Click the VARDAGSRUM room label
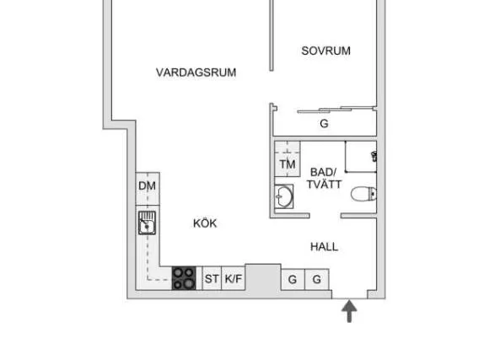[196, 73]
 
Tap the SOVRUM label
[326, 51]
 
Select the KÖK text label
[205, 223]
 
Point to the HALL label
[324, 247]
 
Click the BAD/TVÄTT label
[324, 178]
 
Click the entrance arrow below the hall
[349, 311]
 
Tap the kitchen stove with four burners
[184, 278]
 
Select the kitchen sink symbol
[147, 223]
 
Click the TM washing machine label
[287, 164]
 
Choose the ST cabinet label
[212, 278]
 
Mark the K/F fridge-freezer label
[234, 278]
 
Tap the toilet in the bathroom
[363, 194]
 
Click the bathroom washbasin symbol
[284, 196]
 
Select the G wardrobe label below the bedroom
[324, 124]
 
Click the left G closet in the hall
[293, 279]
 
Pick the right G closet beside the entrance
[317, 279]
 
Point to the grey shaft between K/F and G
[263, 278]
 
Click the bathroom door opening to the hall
[325, 216]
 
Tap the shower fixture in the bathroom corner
[374, 156]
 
